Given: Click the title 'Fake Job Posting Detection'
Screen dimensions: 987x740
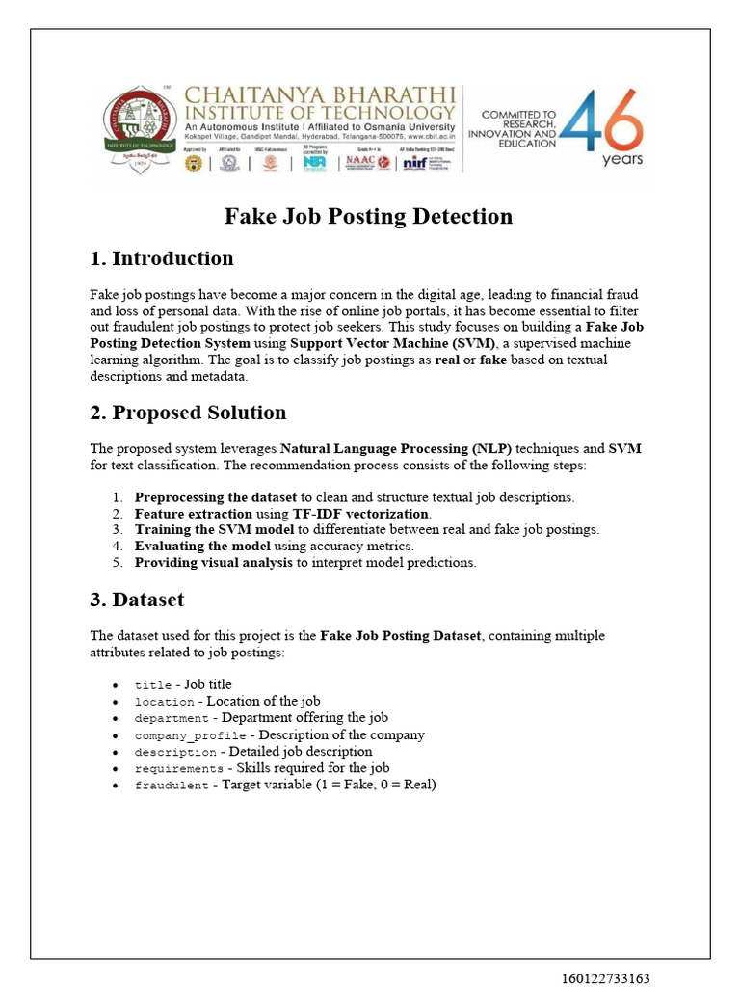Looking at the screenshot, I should (368, 216).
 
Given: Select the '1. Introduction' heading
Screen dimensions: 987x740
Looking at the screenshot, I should (161, 258).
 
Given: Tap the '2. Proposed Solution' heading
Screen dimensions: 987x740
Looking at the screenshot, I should (188, 413).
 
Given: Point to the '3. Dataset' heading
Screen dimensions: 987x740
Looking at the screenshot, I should (137, 600).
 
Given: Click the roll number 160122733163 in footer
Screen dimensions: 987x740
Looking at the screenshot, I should (606, 978).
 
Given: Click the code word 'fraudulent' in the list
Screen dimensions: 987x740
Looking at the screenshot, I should (172, 786).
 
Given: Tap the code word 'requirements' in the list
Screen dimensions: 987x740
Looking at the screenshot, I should (178, 769).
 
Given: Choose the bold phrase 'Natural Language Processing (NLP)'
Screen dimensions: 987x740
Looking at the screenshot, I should (396, 448).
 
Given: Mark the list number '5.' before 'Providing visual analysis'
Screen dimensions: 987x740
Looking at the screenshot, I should (117, 563).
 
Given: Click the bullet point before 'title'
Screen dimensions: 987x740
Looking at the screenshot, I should (116, 685).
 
